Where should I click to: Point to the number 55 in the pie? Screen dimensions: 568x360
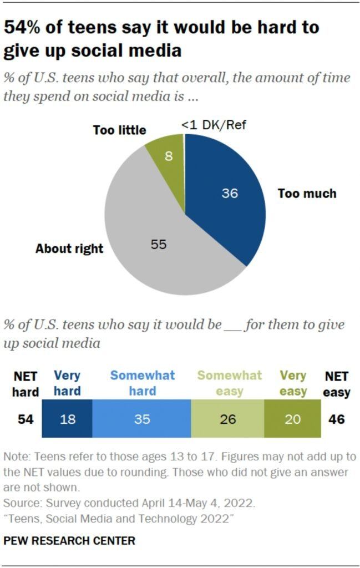coord(159,244)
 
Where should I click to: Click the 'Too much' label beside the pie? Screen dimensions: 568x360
coord(307,194)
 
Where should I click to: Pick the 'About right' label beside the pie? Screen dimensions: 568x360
coord(69,248)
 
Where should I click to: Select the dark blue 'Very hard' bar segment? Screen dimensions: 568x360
coord(67,419)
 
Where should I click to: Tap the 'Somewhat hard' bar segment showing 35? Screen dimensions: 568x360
coord(141,419)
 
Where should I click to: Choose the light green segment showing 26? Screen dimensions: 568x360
coord(227,419)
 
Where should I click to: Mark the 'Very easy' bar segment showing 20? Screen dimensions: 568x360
coord(292,419)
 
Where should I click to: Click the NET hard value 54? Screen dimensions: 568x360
coord(25,419)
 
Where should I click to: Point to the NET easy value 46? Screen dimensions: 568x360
coord(336,419)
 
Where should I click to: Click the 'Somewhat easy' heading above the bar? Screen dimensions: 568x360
coord(230,383)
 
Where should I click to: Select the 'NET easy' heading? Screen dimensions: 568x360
coord(337,384)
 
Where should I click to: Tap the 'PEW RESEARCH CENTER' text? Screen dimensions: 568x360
coord(69,540)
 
